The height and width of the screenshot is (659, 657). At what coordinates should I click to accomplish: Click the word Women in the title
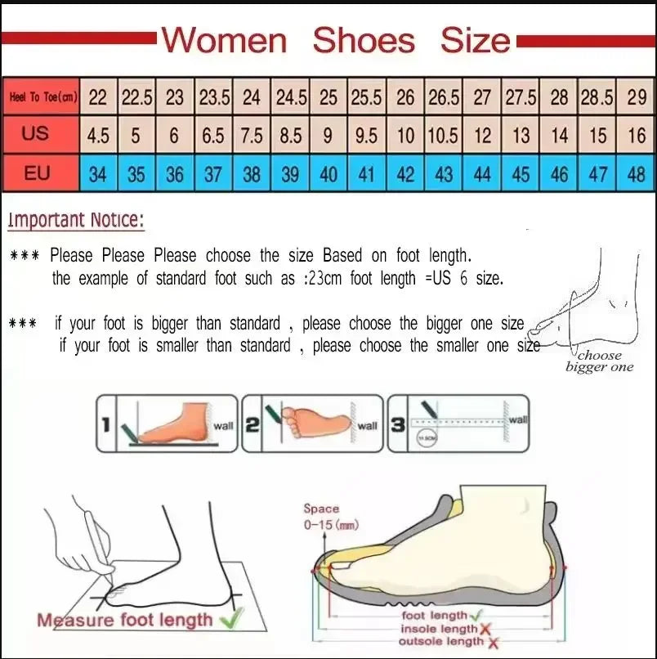click(x=226, y=40)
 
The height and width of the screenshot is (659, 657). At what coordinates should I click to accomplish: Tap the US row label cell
click(x=36, y=133)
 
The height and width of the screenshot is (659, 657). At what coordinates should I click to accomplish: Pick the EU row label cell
click(x=36, y=173)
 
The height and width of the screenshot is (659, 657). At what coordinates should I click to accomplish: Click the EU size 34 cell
click(x=97, y=173)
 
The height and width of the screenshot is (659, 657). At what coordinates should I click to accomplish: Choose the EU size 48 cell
click(x=636, y=173)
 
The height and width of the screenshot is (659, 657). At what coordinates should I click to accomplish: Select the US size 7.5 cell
click(x=252, y=135)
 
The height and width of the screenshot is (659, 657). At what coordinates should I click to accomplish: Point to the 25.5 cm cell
click(x=366, y=98)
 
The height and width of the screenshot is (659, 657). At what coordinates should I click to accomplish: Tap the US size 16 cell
click(x=636, y=135)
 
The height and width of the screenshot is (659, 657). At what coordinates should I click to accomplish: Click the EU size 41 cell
click(x=366, y=173)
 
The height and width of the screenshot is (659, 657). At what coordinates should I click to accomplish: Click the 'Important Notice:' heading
click(x=76, y=220)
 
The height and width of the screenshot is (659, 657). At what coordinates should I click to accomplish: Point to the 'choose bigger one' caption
click(x=600, y=361)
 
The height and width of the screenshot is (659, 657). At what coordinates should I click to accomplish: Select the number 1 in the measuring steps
click(x=106, y=424)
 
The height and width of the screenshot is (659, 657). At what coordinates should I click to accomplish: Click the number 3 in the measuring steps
click(x=397, y=424)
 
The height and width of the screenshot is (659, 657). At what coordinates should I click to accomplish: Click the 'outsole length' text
click(x=439, y=641)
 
